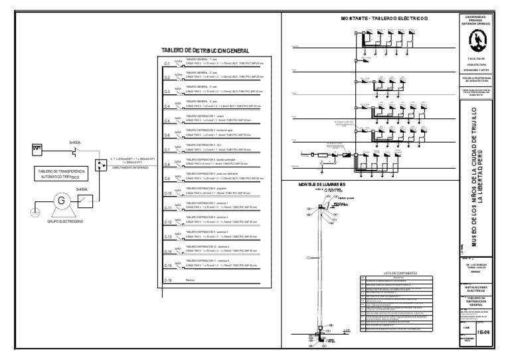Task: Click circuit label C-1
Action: (x=168, y=64)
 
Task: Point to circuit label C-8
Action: (x=168, y=164)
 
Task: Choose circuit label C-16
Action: (x=169, y=280)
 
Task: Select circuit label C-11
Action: (x=169, y=208)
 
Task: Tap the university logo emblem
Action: (x=474, y=42)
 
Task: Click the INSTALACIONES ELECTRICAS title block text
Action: (x=474, y=289)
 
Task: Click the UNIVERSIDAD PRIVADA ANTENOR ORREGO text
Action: (x=474, y=20)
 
